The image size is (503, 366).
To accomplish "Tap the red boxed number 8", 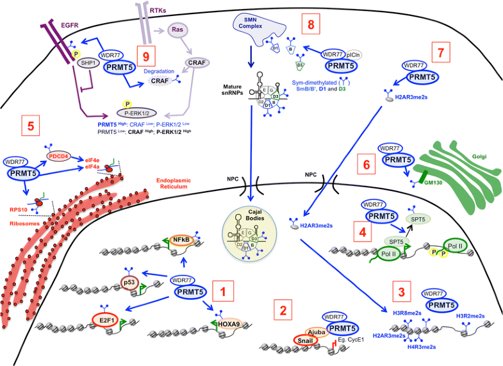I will click(x=311, y=26).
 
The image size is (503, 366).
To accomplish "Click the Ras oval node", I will click(x=177, y=29).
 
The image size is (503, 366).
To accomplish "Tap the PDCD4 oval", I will click(x=57, y=154).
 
